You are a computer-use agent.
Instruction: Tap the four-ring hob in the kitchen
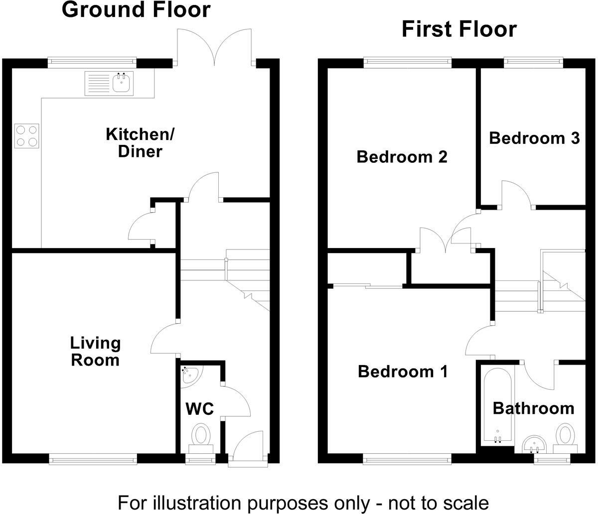tap(27, 135)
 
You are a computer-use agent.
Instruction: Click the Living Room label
tap(95, 351)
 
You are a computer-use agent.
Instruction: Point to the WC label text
tap(200, 409)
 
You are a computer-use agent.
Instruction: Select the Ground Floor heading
tap(136, 10)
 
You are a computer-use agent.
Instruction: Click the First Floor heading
tap(458, 29)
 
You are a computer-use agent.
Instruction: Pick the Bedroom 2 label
tap(402, 157)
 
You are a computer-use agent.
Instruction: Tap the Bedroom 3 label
tap(534, 137)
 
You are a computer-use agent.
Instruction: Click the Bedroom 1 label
tap(403, 372)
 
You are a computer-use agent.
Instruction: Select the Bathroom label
tap(533, 408)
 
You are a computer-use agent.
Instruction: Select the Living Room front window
tap(93, 459)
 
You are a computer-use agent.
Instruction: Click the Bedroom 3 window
tap(533, 62)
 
